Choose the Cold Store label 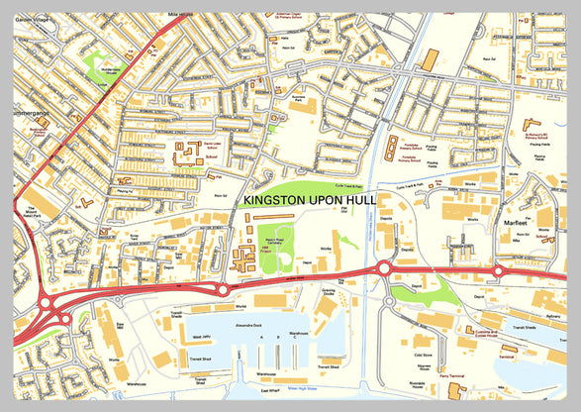click(424, 354)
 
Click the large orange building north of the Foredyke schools click(430, 59)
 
